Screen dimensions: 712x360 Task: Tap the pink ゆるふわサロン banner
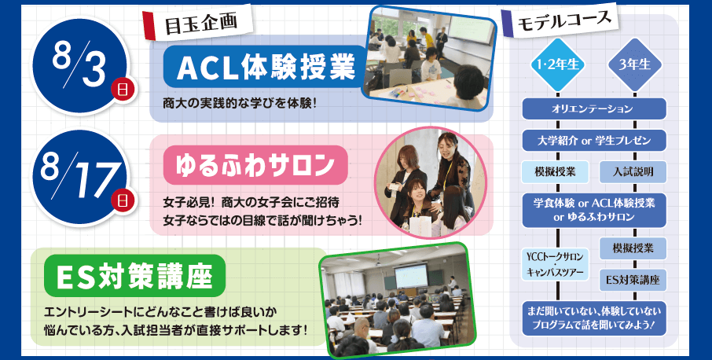pos(255,165)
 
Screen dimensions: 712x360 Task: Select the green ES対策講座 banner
pos(135,276)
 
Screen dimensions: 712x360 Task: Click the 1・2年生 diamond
pos(557,64)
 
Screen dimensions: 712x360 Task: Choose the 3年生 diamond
pos(635,64)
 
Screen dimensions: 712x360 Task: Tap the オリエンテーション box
pos(594,109)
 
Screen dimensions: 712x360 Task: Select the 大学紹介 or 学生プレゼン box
pos(594,140)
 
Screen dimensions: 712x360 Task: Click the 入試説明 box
pos(633,171)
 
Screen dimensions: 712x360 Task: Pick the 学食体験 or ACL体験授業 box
pos(594,210)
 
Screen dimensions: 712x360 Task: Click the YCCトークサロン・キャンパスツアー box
pos(555,264)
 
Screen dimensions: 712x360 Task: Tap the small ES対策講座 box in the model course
pos(633,280)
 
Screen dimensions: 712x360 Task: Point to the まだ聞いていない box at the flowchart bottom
pos(594,318)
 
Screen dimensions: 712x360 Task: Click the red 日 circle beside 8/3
pos(123,90)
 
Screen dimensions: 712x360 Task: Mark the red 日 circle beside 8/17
pos(123,200)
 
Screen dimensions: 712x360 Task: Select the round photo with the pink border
pos(431,182)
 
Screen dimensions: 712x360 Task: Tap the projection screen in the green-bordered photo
pos(410,275)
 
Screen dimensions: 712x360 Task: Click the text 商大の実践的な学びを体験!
pos(240,104)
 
